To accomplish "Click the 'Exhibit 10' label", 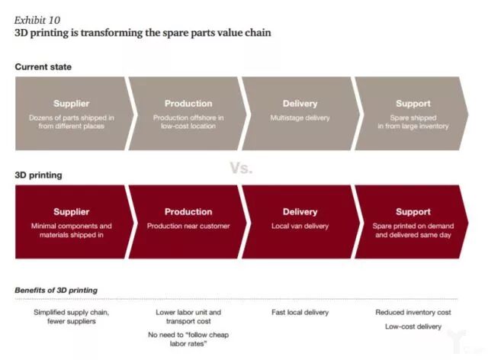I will tap(37, 20).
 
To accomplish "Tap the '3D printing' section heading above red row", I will tap(38, 175).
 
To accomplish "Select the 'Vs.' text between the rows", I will tap(241, 168).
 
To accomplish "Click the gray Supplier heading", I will tap(71, 104).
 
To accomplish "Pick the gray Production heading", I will tap(188, 104).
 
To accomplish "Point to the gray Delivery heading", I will tap(300, 104).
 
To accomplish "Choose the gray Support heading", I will tap(413, 104).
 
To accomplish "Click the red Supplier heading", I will tap(71, 212).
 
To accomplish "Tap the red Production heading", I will tap(188, 212).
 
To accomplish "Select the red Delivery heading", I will tap(300, 212).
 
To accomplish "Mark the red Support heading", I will tap(413, 212).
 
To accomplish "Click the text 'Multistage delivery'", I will tap(300, 118).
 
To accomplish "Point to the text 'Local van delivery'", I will tap(300, 226).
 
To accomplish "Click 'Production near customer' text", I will tap(188, 226).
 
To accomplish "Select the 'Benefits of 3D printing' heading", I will tap(56, 291).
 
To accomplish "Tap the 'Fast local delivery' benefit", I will tap(300, 312).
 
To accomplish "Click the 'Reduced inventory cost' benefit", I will tap(413, 312).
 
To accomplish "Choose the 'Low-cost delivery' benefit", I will tap(413, 326).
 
